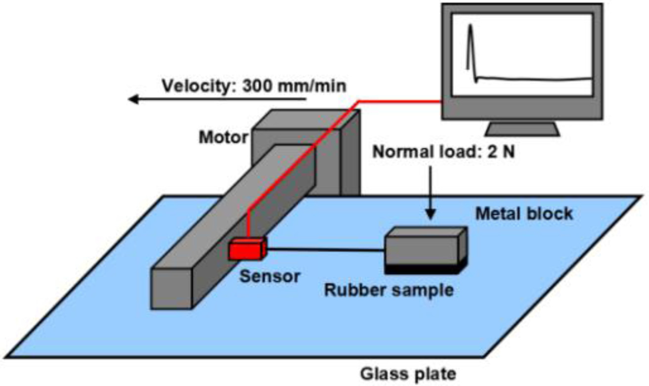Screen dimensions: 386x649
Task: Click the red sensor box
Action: [x=246, y=249]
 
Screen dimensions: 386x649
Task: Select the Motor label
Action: [x=222, y=137]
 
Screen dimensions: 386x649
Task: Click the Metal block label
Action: [x=523, y=214]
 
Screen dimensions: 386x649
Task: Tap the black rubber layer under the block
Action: [x=425, y=268]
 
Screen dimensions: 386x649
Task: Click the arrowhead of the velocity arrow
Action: [x=132, y=100]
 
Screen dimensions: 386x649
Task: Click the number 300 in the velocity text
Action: [x=260, y=86]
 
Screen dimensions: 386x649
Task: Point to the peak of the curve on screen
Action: [x=471, y=27]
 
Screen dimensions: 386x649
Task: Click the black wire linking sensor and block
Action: [x=326, y=250]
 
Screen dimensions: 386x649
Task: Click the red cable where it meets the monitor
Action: [x=439, y=102]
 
